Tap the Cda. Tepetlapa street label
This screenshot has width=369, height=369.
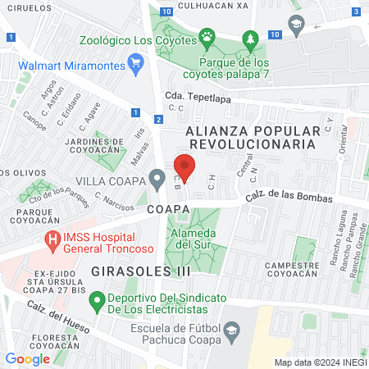[x=198, y=96]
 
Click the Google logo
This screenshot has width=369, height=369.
[x=27, y=358]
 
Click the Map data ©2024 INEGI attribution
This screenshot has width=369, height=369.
[x=319, y=362]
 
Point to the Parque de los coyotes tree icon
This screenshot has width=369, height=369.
[x=251, y=38]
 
